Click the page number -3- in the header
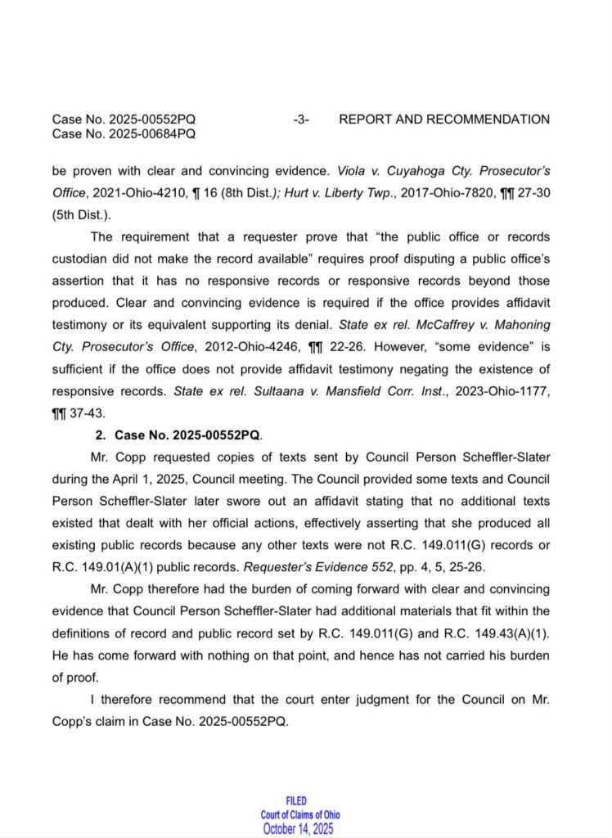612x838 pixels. click(x=300, y=119)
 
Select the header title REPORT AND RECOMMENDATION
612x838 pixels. click(x=444, y=119)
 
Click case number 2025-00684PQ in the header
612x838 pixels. click(x=124, y=133)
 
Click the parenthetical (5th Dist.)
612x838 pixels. click(x=82, y=215)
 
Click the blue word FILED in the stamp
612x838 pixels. click(x=297, y=800)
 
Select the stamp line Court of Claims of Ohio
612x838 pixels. click(x=300, y=814)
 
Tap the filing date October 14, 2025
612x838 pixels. click(x=299, y=828)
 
